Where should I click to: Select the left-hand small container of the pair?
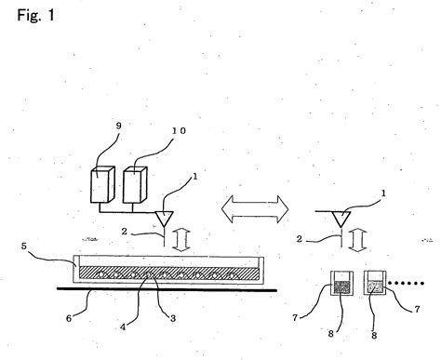coord(340,286)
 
